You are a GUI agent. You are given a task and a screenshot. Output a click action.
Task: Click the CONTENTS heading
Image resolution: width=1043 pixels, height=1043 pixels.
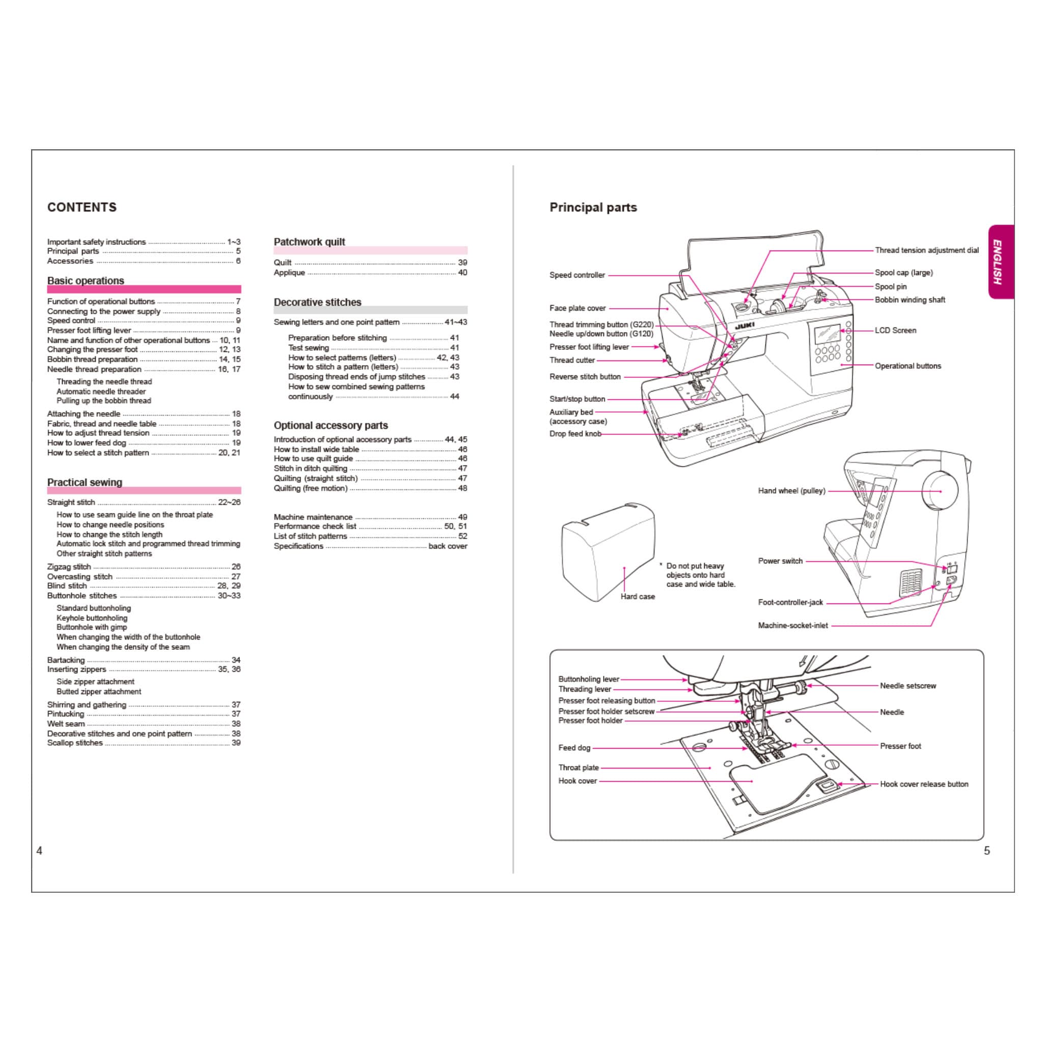click(82, 207)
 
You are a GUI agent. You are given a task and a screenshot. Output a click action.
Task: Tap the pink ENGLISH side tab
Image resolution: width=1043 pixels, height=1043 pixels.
click(1001, 262)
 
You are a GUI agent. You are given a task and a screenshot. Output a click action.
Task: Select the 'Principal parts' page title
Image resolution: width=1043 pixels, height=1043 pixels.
click(593, 207)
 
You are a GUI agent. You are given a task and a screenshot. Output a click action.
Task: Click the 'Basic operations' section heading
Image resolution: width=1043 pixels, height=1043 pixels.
click(86, 281)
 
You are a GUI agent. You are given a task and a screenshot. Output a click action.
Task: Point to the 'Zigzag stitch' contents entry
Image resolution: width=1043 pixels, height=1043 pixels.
click(69, 567)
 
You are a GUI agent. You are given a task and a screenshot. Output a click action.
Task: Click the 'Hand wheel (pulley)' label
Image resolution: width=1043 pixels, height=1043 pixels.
click(792, 491)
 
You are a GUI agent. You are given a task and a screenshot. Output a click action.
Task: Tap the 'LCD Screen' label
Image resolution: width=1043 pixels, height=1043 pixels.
click(896, 331)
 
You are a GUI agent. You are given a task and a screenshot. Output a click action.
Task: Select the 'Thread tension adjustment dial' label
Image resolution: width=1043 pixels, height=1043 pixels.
click(927, 251)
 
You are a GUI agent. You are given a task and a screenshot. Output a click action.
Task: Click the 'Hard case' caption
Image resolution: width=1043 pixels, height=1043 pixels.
click(638, 596)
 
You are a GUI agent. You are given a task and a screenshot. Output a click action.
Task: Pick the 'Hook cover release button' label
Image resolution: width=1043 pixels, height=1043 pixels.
click(924, 784)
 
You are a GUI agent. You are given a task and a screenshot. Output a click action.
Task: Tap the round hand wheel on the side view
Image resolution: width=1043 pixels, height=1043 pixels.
click(940, 490)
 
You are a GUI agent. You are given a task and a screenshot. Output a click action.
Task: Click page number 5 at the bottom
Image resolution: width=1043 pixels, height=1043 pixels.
click(987, 851)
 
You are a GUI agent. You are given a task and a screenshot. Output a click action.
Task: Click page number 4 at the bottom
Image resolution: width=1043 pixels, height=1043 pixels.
click(39, 851)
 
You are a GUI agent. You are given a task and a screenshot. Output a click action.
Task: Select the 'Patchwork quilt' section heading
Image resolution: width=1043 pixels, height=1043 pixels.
click(309, 242)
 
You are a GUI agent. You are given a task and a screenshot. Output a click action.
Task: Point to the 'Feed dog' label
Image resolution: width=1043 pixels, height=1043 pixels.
click(574, 748)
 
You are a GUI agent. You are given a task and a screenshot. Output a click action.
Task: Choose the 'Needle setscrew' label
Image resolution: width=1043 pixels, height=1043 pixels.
click(908, 685)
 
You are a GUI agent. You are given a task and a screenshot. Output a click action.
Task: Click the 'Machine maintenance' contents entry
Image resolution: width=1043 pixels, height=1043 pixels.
click(313, 517)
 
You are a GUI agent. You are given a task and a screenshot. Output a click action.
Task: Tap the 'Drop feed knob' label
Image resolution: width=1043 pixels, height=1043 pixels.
click(575, 434)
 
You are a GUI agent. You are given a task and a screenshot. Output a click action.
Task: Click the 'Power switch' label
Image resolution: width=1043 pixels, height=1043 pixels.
click(781, 561)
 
